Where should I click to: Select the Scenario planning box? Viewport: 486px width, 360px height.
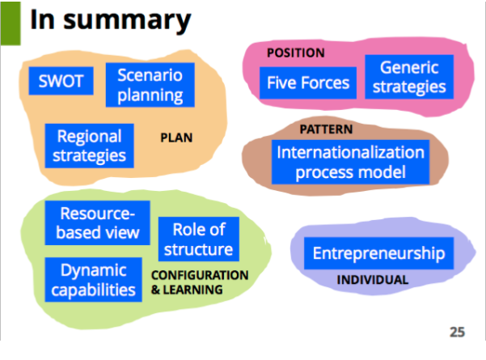coord(150,86)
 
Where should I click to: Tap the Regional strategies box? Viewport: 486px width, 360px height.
coord(90,145)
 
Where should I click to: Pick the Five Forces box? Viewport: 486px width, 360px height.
coord(308,81)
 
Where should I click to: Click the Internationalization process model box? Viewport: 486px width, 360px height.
coord(349,162)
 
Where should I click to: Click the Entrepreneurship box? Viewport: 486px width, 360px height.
coord(378,253)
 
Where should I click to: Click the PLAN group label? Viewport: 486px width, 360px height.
coord(176,138)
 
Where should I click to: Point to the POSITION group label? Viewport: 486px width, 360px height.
coord(295,53)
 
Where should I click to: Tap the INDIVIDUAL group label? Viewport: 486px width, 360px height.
coord(374,281)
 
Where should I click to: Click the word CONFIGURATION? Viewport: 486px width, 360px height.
coord(200,275)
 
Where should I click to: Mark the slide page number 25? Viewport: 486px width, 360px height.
coord(457,332)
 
